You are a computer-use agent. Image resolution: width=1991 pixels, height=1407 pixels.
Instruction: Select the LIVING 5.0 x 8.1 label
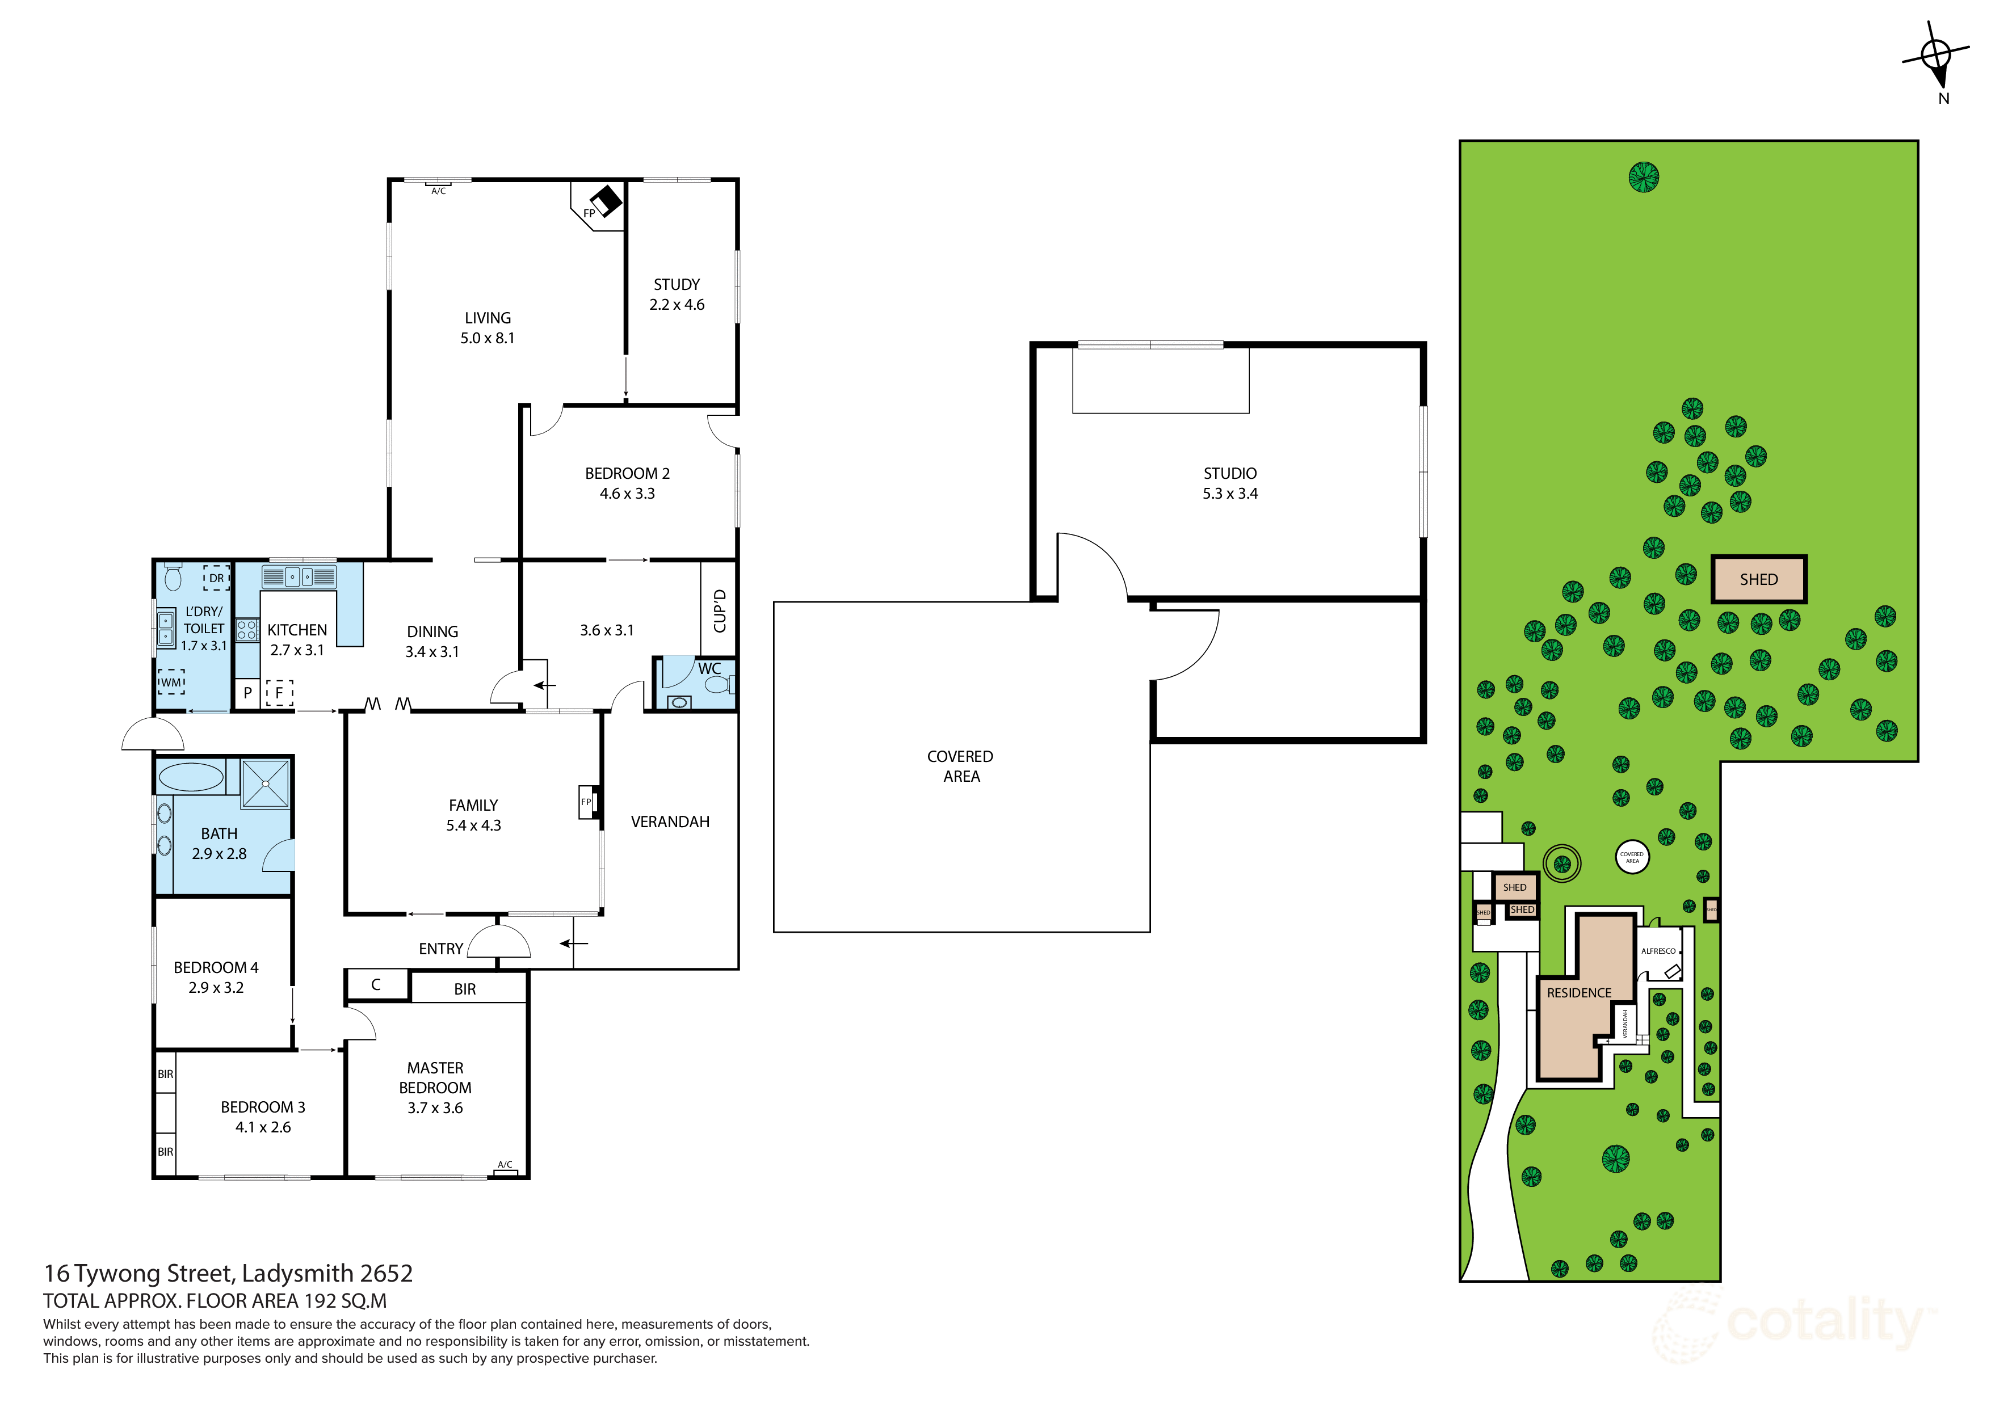click(488, 328)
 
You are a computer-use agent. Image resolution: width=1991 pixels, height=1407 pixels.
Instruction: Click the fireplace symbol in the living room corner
click(604, 201)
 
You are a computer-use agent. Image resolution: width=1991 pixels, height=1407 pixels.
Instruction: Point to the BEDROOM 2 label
click(627, 473)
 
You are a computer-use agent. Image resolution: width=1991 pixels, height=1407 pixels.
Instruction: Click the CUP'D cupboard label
click(719, 610)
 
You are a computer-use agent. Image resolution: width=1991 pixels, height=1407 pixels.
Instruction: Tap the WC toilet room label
click(709, 668)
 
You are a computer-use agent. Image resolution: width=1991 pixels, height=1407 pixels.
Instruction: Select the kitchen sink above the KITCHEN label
click(299, 576)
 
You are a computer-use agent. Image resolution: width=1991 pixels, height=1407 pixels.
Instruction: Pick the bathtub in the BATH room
click(191, 777)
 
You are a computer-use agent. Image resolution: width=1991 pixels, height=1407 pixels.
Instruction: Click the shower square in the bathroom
click(266, 783)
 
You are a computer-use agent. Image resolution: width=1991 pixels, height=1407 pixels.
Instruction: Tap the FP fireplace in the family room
click(587, 802)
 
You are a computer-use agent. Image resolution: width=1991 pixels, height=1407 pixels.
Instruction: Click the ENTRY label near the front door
click(440, 949)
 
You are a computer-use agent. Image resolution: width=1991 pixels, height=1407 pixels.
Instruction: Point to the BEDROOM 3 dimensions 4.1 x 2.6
click(263, 1127)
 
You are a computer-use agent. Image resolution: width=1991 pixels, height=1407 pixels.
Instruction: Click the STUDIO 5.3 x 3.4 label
click(1230, 483)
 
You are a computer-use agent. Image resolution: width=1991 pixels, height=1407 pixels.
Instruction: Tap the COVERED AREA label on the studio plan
click(960, 766)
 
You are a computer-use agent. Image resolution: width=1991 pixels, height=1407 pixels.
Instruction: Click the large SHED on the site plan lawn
click(1758, 579)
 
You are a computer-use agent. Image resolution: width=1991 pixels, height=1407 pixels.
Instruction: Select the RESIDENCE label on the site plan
click(1579, 993)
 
